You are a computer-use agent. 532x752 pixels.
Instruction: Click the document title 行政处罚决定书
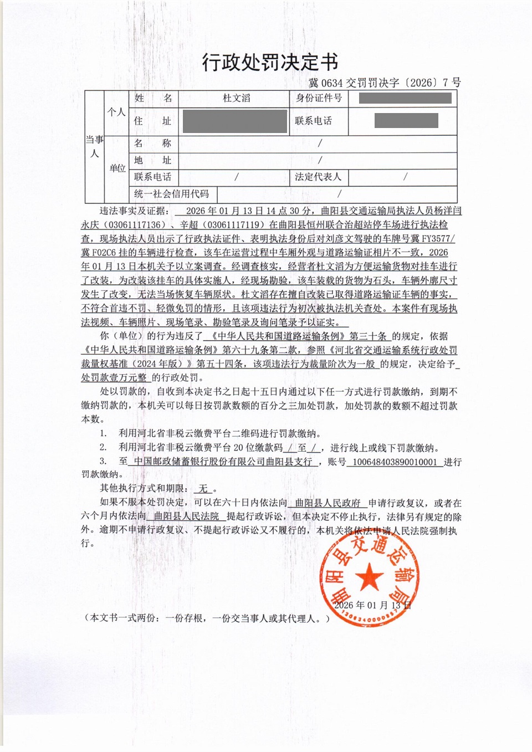point(270,62)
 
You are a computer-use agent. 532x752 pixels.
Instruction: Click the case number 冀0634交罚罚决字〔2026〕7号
point(384,83)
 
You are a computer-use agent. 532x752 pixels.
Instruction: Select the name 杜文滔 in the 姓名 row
point(237,98)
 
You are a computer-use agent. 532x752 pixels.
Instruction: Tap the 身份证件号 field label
point(319,98)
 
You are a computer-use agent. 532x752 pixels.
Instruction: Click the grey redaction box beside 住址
point(235,121)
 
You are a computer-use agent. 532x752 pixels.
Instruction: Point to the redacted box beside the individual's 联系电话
point(406,120)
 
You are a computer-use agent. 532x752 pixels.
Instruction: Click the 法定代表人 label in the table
point(318,177)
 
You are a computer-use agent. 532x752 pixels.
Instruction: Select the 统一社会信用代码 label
point(171,194)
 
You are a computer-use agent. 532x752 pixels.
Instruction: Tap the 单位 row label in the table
point(117,168)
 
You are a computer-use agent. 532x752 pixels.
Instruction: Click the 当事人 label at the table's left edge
point(94,146)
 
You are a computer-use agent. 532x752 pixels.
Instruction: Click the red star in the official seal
point(369,577)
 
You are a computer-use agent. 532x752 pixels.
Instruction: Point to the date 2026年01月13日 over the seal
point(372,605)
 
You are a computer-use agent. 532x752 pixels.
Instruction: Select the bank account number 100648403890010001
point(395,462)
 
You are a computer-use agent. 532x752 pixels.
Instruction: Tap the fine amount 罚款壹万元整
point(114,377)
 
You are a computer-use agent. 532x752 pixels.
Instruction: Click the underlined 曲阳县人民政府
point(328,503)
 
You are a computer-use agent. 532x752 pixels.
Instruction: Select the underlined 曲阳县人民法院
point(186,516)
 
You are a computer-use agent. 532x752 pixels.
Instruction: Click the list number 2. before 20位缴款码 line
point(103,447)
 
